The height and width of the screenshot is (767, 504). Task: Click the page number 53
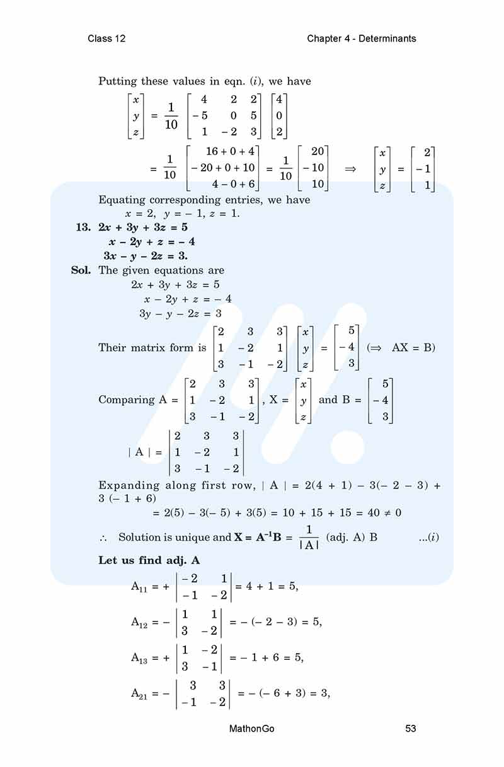(411, 729)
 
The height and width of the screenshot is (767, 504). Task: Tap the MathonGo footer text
(252, 729)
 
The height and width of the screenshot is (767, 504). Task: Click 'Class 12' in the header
(106, 38)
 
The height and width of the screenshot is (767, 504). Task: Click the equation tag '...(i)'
(428, 537)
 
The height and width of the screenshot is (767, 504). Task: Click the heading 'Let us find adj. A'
(149, 560)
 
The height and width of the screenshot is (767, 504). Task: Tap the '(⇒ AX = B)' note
(401, 347)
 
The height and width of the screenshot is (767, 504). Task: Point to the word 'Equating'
(122, 200)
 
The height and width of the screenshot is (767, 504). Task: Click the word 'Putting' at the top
(118, 81)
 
